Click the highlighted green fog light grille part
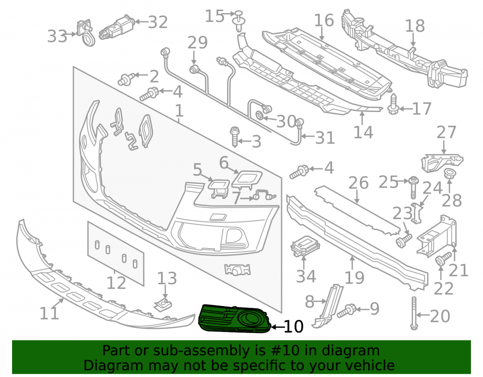[235, 319]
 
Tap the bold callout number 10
[294, 326]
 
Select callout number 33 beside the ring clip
[57, 36]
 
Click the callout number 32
[158, 22]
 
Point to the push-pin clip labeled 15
[239, 21]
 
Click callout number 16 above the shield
[324, 20]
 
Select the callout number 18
[415, 26]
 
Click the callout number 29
[198, 42]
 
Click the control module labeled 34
[305, 245]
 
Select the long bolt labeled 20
[414, 313]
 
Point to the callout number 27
[447, 132]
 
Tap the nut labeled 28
[449, 174]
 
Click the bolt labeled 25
[414, 187]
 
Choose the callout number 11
[49, 313]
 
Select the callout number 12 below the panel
[116, 283]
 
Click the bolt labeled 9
[347, 311]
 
